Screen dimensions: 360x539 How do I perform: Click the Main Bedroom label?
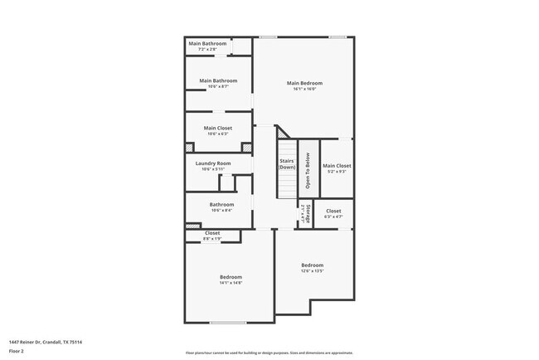pos(304,83)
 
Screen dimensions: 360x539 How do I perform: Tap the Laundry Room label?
pos(213,163)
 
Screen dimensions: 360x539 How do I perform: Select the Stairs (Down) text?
pos(287,164)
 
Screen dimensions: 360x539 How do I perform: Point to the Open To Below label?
pos(307,171)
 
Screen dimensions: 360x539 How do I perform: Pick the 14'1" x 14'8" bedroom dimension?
pos(231,283)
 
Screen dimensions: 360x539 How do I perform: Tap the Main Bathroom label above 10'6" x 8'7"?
pos(218,80)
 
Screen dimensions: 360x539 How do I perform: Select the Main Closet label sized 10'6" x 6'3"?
pos(218,128)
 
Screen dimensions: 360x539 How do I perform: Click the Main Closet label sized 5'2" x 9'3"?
pos(337,166)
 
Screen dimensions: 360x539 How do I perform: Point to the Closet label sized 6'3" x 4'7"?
pos(333,211)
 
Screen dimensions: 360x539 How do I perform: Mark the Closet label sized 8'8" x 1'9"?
pos(212,233)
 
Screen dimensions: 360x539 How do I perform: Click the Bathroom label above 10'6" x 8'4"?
pos(221,204)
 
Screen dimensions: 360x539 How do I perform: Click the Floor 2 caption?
pos(17,351)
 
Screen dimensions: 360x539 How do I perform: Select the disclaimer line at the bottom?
pos(269,352)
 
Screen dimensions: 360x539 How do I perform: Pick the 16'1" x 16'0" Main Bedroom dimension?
pos(304,89)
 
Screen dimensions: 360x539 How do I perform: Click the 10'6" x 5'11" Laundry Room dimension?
pos(213,169)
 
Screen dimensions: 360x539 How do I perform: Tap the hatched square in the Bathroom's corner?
pos(192,225)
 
